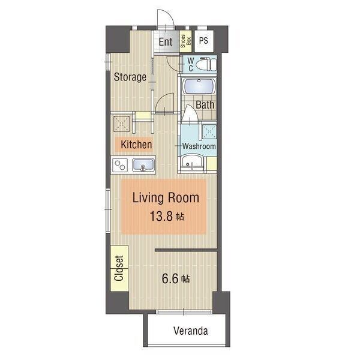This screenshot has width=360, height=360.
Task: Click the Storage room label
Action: pos(130,77)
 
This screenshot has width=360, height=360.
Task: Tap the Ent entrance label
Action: pos(166,42)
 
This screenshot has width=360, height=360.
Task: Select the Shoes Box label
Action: pos(186,41)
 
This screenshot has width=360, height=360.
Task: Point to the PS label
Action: pos(203,41)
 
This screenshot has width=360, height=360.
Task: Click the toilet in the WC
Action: pos(206,64)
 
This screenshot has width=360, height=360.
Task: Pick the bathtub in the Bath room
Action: pos(199,86)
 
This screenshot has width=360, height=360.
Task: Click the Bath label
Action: pos(205,105)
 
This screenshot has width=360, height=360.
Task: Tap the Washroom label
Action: pos(199,146)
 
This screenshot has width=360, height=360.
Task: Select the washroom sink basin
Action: pos(191,163)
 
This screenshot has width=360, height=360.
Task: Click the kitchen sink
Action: pos(143,165)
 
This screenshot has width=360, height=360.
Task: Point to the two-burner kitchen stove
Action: pos(120,165)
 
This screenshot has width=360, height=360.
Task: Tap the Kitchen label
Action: pos(136,145)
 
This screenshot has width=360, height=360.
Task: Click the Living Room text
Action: pos(166,197)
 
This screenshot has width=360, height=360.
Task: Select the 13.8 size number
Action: pos(161,216)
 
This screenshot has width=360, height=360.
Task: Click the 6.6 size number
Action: pos(170,279)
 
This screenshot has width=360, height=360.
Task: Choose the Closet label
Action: pos(119,268)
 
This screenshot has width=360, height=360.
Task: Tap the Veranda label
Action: pos(191,331)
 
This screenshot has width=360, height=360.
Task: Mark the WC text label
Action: pos(191,65)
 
